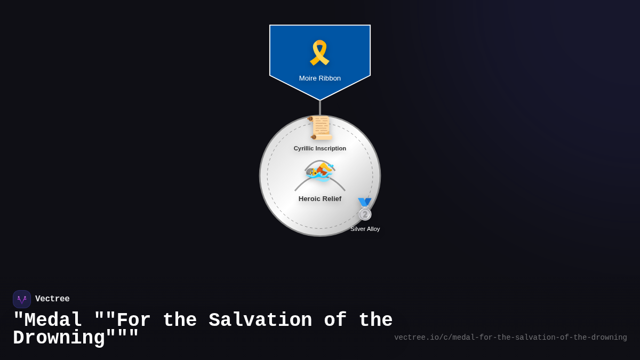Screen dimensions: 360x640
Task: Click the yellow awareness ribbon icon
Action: pyautogui.click(x=319, y=53)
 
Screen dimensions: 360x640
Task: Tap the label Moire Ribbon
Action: pyautogui.click(x=320, y=78)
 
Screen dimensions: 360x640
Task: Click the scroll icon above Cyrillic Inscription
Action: pyautogui.click(x=321, y=128)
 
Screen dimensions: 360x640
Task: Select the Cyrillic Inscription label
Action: pyautogui.click(x=320, y=148)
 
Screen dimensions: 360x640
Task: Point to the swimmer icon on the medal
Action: pyautogui.click(x=320, y=172)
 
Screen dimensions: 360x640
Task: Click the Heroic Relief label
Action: pyautogui.click(x=320, y=199)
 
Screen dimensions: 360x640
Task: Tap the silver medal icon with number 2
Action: pyautogui.click(x=365, y=210)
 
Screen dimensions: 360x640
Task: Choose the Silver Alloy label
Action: pyautogui.click(x=365, y=229)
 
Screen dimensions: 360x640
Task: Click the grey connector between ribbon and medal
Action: pyautogui.click(x=320, y=108)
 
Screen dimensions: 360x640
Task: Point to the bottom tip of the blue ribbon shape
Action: pyautogui.click(x=320, y=99)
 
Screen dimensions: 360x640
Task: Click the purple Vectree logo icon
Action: pyautogui.click(x=22, y=299)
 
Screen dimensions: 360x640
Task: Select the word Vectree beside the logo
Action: pyautogui.click(x=52, y=299)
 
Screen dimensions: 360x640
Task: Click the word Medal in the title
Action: pyautogui.click(x=53, y=321)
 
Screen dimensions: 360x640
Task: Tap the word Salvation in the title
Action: pyautogui.click(x=260, y=321)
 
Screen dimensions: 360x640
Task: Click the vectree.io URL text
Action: pyautogui.click(x=510, y=338)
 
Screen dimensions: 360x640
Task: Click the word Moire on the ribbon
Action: pyautogui.click(x=308, y=78)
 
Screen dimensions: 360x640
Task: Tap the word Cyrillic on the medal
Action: pyautogui.click(x=305, y=148)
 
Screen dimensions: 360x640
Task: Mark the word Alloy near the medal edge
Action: pyautogui.click(x=372, y=229)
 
